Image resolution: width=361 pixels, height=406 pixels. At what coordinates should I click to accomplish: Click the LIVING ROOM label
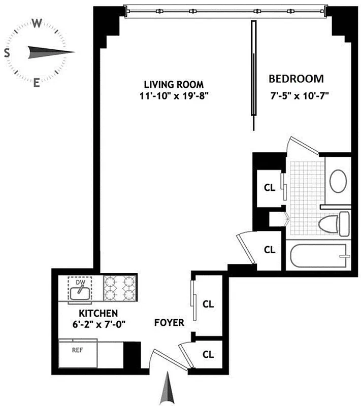tap(167, 84)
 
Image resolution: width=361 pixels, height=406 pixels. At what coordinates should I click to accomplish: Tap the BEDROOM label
tap(296, 79)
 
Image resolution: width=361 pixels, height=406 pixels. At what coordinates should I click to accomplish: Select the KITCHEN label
tap(98, 313)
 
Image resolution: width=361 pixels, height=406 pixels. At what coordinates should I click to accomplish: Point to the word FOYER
tap(169, 323)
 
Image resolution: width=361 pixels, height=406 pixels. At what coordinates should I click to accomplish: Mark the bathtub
tap(319, 257)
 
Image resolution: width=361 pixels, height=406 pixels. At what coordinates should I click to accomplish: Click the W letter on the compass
tap(37, 23)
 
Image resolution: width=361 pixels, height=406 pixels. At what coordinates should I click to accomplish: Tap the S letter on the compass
tap(7, 53)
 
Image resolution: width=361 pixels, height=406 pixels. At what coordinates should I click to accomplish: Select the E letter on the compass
tap(37, 83)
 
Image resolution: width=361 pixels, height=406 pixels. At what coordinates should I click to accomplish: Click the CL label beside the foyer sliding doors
tap(208, 304)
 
